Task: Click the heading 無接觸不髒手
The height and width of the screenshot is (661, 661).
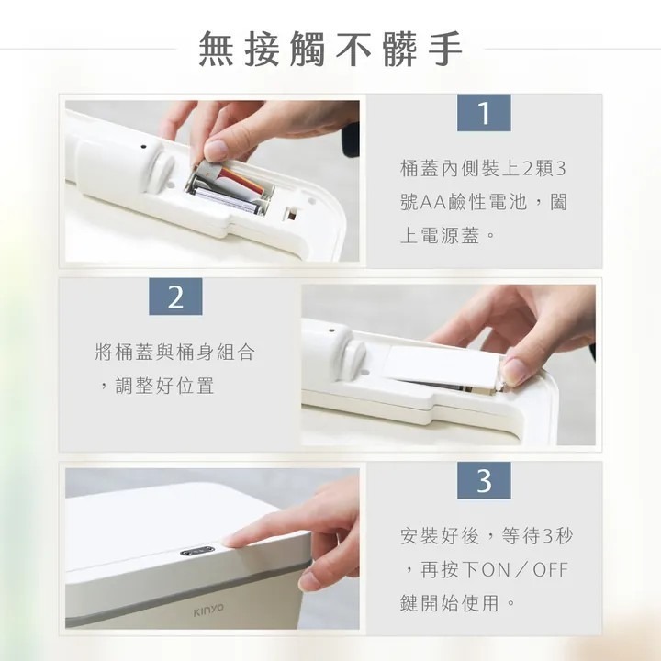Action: click(330, 49)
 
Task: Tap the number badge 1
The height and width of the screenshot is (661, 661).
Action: click(484, 113)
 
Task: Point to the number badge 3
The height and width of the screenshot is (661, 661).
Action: click(484, 480)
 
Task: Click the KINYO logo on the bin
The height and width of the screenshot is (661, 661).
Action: click(207, 608)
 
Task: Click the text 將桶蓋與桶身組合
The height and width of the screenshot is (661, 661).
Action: click(174, 352)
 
